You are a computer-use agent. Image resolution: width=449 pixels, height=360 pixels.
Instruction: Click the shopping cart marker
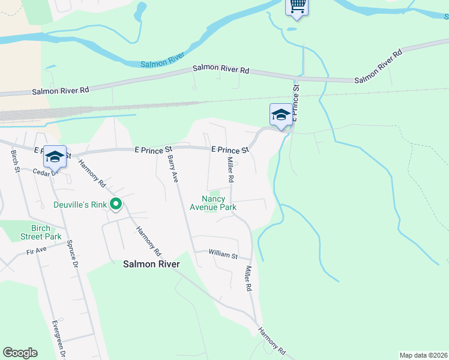click(x=296, y=7)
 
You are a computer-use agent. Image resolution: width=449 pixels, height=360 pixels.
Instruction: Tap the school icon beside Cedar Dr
click(x=55, y=157)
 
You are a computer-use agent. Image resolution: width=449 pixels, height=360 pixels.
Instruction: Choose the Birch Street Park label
click(x=41, y=232)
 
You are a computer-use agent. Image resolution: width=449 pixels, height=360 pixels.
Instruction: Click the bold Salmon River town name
click(x=151, y=263)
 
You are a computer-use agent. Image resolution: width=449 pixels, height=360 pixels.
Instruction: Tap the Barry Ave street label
click(x=173, y=170)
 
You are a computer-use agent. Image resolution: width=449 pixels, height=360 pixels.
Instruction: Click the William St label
click(x=223, y=255)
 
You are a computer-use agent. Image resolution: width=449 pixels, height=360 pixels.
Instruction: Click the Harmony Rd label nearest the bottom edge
click(x=273, y=340)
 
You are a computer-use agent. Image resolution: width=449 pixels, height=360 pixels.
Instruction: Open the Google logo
click(x=20, y=353)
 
